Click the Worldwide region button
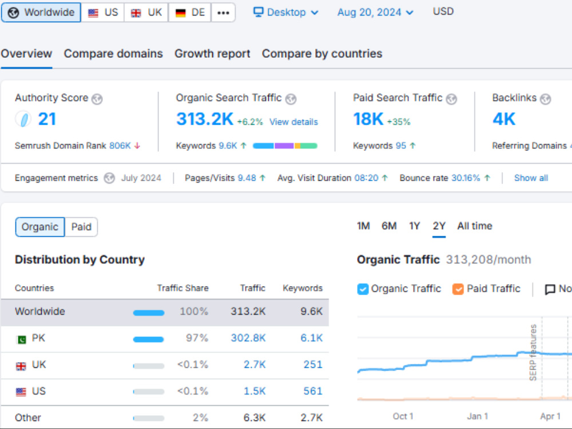click(41, 13)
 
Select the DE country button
click(190, 13)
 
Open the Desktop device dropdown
click(285, 13)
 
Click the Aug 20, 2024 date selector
click(375, 13)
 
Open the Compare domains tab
click(113, 54)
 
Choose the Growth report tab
click(212, 54)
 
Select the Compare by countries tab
click(322, 54)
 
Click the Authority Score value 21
click(47, 120)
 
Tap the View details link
click(293, 122)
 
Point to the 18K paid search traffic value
click(368, 120)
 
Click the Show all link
click(531, 178)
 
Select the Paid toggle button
click(81, 227)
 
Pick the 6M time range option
click(389, 226)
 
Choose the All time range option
click(475, 226)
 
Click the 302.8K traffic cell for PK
click(248, 338)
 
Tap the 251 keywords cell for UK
click(313, 365)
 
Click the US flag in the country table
click(21, 392)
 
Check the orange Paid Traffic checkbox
click(458, 289)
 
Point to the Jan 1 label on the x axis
click(477, 416)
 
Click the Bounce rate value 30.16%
click(466, 178)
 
